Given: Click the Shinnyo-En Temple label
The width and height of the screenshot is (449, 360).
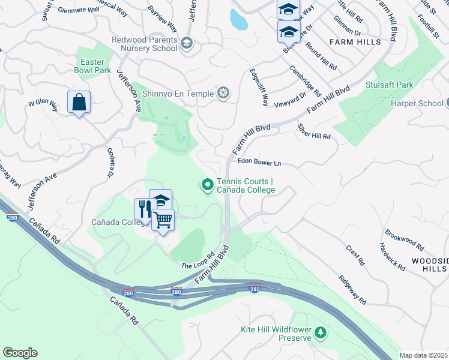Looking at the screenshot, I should pos(177,93).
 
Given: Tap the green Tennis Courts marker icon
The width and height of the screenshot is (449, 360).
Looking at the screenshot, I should pos(208,185).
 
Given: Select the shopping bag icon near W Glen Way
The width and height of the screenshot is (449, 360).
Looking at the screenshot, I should pos(79,103).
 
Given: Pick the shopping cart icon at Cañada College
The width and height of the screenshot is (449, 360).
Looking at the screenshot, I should pos(163,220).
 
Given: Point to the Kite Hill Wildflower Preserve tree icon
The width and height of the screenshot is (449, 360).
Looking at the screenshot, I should pos(321,332).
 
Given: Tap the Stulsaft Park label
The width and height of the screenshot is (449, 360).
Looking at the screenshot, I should pos(389,85).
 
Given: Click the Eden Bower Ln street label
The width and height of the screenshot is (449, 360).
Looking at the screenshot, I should pos(259,162).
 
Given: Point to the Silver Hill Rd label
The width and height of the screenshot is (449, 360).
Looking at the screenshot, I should pos(314,132).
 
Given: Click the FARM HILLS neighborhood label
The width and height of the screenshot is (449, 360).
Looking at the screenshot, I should pos(355,42).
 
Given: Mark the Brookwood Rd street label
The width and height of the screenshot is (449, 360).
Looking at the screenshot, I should pos(404,239).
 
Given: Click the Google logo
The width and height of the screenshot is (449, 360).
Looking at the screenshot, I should pos(20,353).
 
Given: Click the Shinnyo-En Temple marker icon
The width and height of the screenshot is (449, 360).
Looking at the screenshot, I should pos(223,93).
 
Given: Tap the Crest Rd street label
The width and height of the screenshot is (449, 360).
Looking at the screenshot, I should pos(355,254).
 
